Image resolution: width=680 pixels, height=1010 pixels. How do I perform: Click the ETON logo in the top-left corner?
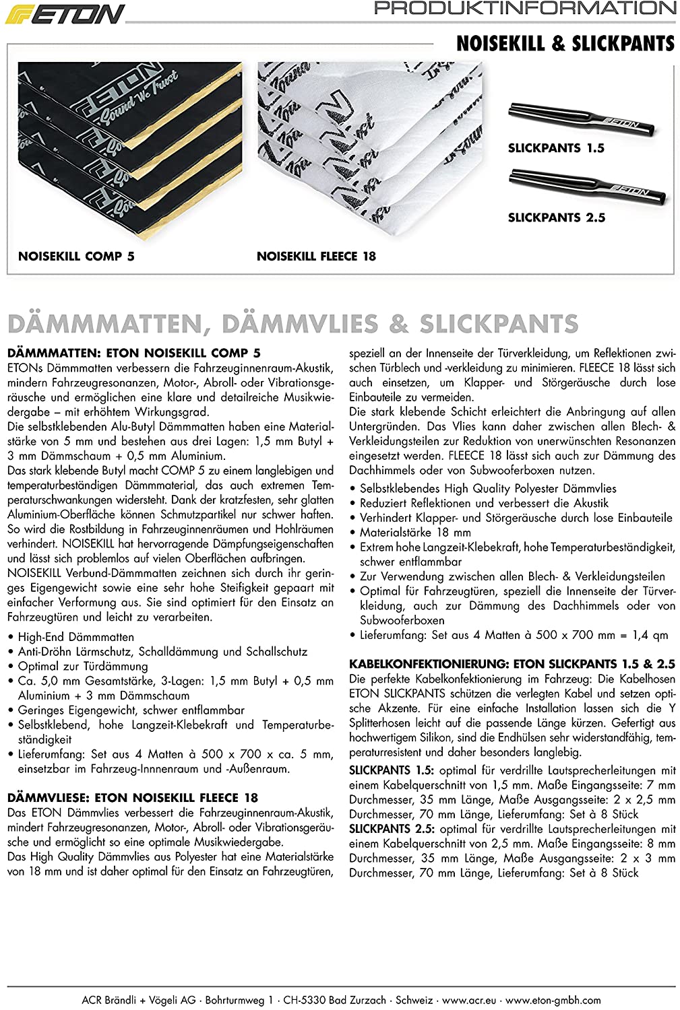(x=65, y=14)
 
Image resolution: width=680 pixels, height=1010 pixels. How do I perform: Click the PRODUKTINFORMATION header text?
(x=525, y=9)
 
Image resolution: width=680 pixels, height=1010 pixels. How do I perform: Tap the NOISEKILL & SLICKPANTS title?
(x=565, y=44)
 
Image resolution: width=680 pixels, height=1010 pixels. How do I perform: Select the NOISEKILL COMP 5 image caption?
(x=76, y=257)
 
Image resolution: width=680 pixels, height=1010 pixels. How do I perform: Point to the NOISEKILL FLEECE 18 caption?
(x=316, y=257)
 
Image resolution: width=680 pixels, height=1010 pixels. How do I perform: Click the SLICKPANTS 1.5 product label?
(x=556, y=148)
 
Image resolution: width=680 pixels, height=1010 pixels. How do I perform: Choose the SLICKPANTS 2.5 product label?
(x=557, y=217)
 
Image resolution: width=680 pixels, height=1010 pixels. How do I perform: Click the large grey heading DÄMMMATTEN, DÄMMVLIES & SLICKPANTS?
(x=292, y=324)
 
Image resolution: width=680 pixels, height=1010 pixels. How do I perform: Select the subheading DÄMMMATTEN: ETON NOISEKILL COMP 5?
(x=133, y=353)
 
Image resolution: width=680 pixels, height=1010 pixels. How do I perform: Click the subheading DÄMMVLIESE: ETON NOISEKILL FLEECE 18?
(x=132, y=798)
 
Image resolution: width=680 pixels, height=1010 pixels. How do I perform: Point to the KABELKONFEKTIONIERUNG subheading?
(x=512, y=664)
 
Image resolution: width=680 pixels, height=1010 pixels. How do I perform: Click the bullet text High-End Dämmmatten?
(x=75, y=637)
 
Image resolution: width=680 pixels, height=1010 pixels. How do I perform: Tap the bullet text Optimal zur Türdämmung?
(x=82, y=667)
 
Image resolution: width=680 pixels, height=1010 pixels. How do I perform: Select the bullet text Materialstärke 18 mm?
(x=415, y=533)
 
